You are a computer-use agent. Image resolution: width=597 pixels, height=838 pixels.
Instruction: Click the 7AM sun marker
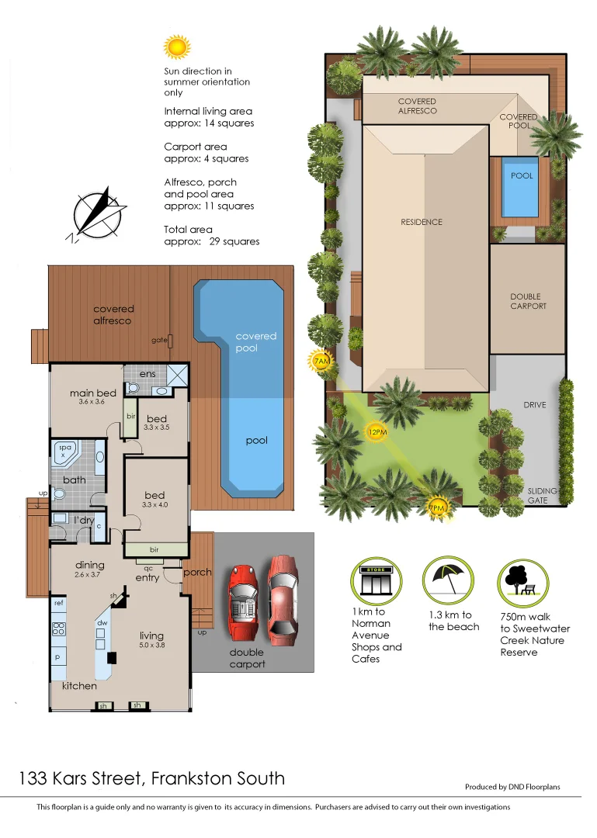tap(321, 361)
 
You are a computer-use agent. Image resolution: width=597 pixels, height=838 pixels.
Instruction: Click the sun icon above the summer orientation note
tap(176, 47)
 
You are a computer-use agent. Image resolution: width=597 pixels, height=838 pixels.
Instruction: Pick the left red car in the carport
tap(244, 601)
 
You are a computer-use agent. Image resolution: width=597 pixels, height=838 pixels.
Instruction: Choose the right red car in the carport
tap(283, 595)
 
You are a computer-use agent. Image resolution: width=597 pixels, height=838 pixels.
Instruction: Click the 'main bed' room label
tap(92, 393)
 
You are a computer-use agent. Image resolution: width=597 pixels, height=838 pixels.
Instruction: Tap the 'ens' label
tap(148, 374)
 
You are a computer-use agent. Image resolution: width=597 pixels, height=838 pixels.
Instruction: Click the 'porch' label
tap(197, 573)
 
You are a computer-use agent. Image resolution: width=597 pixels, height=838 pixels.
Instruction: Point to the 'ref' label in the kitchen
tap(59, 602)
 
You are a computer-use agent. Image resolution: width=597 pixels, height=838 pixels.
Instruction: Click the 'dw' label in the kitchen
tap(102, 623)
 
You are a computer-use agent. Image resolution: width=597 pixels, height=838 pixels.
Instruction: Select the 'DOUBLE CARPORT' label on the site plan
tap(528, 301)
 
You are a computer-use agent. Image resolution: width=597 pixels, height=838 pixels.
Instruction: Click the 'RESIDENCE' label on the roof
tap(422, 222)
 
